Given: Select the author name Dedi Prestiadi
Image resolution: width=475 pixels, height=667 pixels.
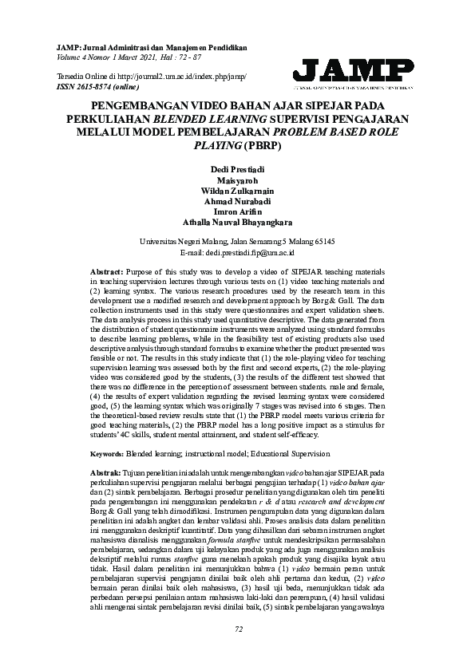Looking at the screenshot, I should [x=237, y=169].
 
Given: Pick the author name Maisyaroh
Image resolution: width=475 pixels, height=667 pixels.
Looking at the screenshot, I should [x=237, y=180].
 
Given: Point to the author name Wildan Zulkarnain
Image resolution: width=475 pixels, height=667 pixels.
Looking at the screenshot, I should [x=237, y=191].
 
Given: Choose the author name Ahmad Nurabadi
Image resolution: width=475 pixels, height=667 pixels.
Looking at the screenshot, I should [x=237, y=202].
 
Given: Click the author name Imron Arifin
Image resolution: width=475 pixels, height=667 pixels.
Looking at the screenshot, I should [x=237, y=212].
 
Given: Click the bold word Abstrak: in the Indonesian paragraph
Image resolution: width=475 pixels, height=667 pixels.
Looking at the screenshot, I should [x=106, y=451].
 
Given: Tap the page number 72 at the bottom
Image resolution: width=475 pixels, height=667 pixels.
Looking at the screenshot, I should [x=237, y=651].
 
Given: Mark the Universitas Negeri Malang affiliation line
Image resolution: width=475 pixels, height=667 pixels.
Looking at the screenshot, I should [x=237, y=240].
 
